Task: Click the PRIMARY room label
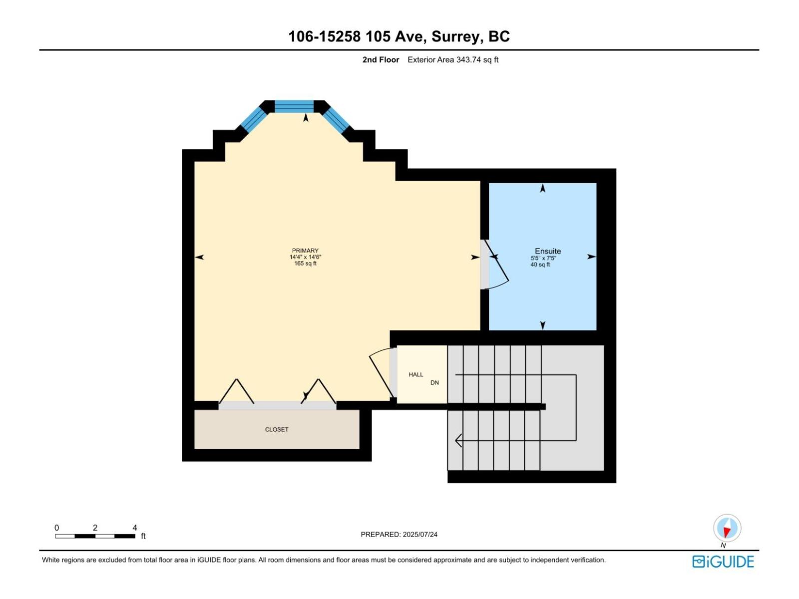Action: (x=305, y=251)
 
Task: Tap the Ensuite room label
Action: (x=548, y=251)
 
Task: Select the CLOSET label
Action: (x=277, y=429)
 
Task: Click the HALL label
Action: (x=415, y=374)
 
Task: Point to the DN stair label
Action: (x=434, y=383)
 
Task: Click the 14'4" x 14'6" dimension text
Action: (x=305, y=257)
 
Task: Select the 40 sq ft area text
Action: (x=540, y=265)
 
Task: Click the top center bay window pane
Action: (x=294, y=106)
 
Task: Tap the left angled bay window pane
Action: (x=254, y=120)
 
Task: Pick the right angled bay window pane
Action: (x=335, y=120)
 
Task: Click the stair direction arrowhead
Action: (x=458, y=440)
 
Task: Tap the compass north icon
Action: (x=727, y=528)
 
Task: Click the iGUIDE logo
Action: (x=723, y=562)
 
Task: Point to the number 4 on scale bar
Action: (x=134, y=528)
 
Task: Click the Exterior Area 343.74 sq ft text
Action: (x=453, y=60)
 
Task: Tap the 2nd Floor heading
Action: (x=381, y=60)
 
